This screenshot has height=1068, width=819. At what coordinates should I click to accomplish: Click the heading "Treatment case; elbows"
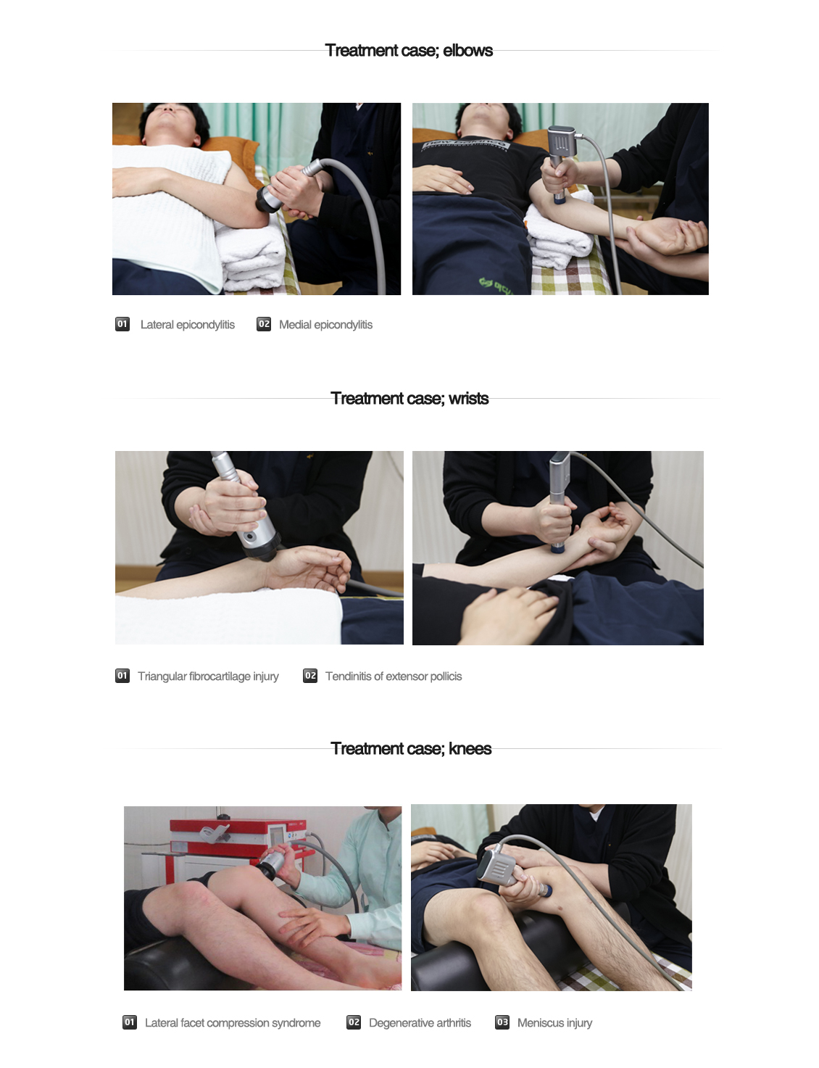click(408, 51)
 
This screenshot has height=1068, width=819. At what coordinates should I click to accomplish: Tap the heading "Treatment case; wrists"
click(409, 399)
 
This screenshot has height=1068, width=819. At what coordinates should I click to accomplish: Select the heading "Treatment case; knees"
click(411, 748)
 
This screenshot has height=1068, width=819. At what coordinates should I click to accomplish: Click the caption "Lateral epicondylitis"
click(187, 325)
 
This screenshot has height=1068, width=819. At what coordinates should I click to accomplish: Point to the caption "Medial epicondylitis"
click(325, 325)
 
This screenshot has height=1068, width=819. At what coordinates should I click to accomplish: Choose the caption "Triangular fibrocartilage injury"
click(208, 676)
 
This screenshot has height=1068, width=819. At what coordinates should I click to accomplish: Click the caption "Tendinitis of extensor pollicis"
click(394, 676)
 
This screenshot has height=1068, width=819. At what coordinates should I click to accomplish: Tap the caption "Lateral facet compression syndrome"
click(233, 1023)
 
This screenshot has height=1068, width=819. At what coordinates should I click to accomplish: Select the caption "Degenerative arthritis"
click(420, 1023)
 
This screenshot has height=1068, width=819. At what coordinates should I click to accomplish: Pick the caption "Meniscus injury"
click(554, 1023)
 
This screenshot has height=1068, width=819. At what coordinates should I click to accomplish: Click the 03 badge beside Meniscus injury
click(502, 1022)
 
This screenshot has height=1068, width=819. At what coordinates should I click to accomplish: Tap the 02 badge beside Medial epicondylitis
click(264, 324)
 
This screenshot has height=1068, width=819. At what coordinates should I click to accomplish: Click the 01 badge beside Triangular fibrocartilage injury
click(122, 676)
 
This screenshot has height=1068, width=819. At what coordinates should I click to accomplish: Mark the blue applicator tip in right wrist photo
click(558, 547)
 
